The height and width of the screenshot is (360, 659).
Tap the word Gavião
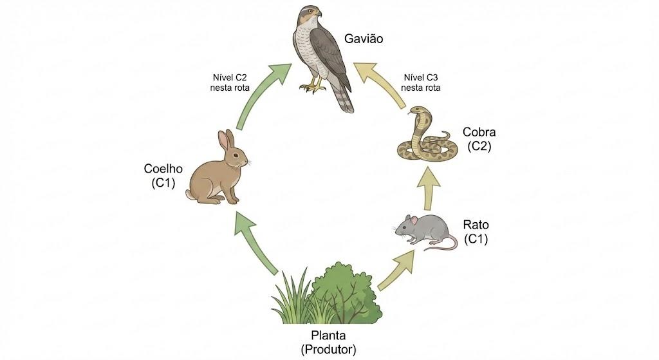click(x=364, y=39)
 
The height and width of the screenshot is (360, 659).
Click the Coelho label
click(x=163, y=169)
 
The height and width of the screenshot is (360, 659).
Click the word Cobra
click(x=479, y=132)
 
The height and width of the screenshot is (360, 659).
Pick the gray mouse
click(x=425, y=232)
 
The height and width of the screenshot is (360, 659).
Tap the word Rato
click(x=476, y=225)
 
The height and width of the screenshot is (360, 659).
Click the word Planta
click(x=328, y=336)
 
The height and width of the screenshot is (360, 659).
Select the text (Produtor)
click(x=328, y=350)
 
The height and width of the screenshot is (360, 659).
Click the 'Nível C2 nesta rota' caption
click(x=230, y=83)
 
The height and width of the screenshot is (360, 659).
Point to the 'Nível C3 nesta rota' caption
click(x=421, y=83)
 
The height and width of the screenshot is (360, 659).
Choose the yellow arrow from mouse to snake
click(x=428, y=187)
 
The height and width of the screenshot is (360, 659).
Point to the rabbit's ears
click(x=226, y=140)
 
